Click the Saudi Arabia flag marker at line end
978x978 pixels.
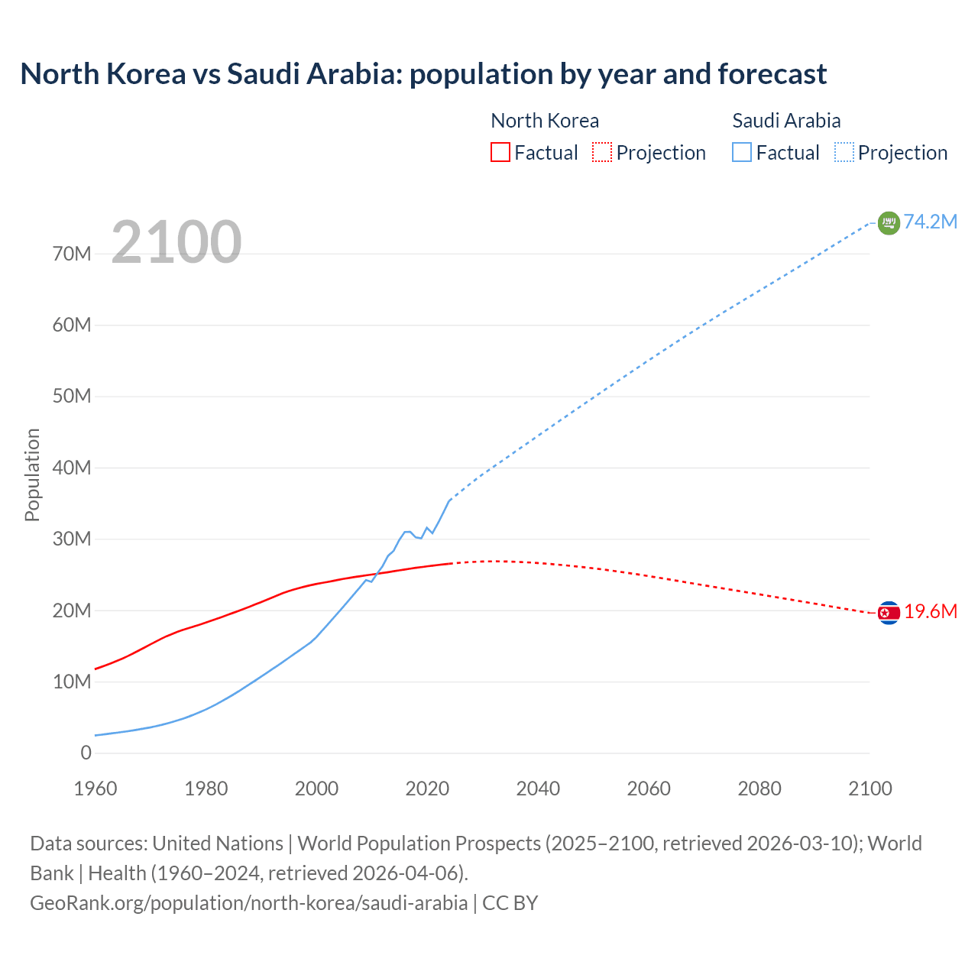pyautogui.click(x=889, y=223)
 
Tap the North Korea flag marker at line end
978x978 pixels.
pyautogui.click(x=889, y=613)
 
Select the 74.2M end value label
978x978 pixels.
pyautogui.click(x=931, y=222)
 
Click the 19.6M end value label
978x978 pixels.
pyautogui.click(x=931, y=611)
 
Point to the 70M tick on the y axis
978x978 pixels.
pyautogui.click(x=72, y=254)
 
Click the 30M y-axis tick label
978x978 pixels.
pyautogui.click(x=72, y=539)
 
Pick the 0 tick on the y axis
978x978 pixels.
pyautogui.click(x=86, y=753)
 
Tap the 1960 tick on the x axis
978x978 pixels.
pyautogui.click(x=96, y=789)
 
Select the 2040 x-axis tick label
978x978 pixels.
pyautogui.click(x=538, y=789)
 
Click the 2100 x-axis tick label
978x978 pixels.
pyautogui.click(x=870, y=789)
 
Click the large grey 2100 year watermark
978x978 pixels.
pyautogui.click(x=176, y=242)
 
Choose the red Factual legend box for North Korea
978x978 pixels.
pyautogui.click(x=500, y=153)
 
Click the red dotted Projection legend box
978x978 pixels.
pyautogui.click(x=602, y=153)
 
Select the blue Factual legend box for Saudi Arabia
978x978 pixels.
pyautogui.click(x=741, y=153)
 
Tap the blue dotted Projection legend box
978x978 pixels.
pyautogui.click(x=844, y=153)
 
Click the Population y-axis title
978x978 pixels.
pyautogui.click(x=32, y=474)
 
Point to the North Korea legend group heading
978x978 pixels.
pyautogui.click(x=544, y=121)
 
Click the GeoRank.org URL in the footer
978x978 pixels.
pyautogui.click(x=248, y=902)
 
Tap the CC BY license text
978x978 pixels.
pyautogui.click(x=510, y=902)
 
